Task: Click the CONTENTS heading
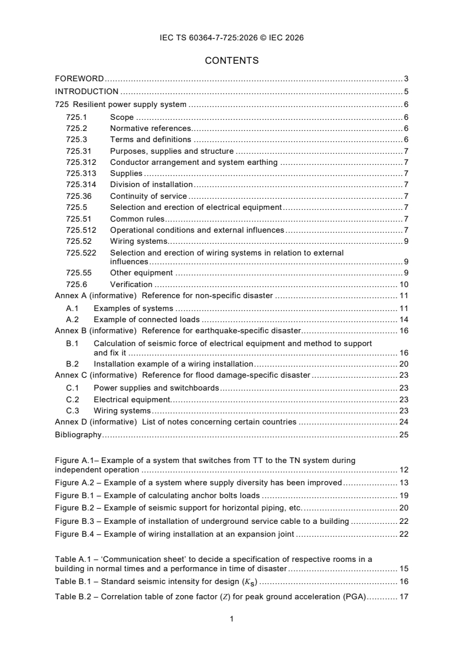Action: tap(232, 61)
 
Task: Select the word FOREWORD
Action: tap(80, 78)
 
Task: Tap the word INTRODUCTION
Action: tap(87, 91)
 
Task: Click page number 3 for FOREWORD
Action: tap(406, 78)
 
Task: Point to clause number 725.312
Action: tap(81, 162)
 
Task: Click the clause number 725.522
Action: tap(81, 253)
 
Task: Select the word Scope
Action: tap(122, 118)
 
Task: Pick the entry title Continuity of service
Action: tap(149, 196)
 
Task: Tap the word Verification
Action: tap(131, 284)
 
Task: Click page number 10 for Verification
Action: tap(404, 284)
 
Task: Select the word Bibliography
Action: tap(78, 434)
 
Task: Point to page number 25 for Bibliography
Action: tap(404, 434)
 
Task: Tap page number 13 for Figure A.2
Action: tap(404, 482)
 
